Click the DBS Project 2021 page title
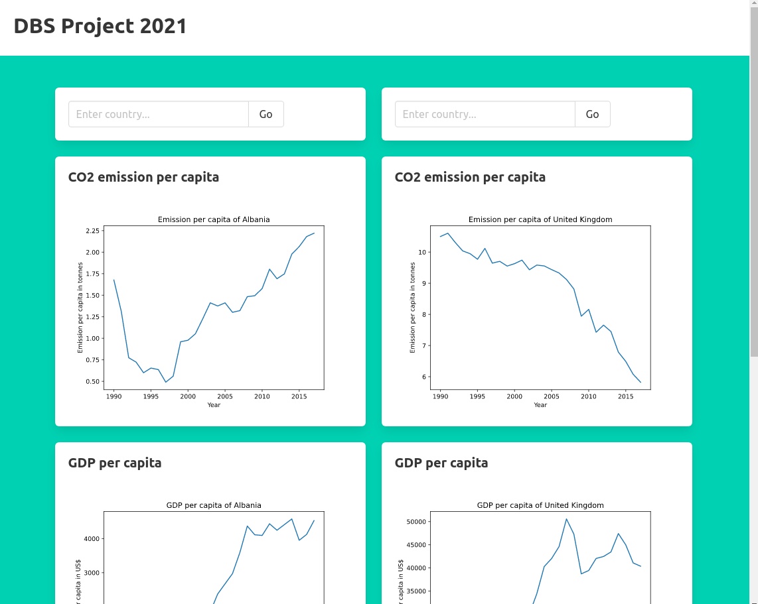click(x=100, y=27)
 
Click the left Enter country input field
click(x=159, y=114)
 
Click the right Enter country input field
click(x=485, y=114)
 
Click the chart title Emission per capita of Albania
click(x=214, y=219)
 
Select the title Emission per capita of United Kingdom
click(x=540, y=219)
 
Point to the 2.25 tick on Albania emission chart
click(x=92, y=231)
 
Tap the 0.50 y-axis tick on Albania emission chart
click(x=92, y=382)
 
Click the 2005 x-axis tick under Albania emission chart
click(x=225, y=396)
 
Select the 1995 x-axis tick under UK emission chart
click(x=477, y=396)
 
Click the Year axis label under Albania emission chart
click(x=214, y=405)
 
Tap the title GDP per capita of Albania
click(x=214, y=505)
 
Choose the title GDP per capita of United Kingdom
click(x=540, y=505)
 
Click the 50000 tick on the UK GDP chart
click(x=415, y=522)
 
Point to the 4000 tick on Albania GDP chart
click(x=91, y=539)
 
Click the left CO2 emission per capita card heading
click(x=143, y=177)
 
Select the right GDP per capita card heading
click(x=441, y=463)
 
